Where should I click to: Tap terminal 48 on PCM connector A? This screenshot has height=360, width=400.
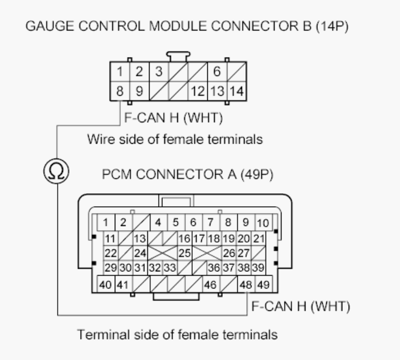point(246,285)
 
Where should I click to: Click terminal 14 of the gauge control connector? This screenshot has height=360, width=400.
point(238,91)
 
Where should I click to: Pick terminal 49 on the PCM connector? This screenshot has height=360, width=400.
point(263,285)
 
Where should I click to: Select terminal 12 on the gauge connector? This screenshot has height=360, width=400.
point(199,91)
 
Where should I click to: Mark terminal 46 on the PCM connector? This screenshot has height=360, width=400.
point(210,285)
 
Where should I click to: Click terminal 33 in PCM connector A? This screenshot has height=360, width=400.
point(169,265)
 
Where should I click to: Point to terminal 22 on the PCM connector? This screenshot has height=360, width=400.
point(111,251)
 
